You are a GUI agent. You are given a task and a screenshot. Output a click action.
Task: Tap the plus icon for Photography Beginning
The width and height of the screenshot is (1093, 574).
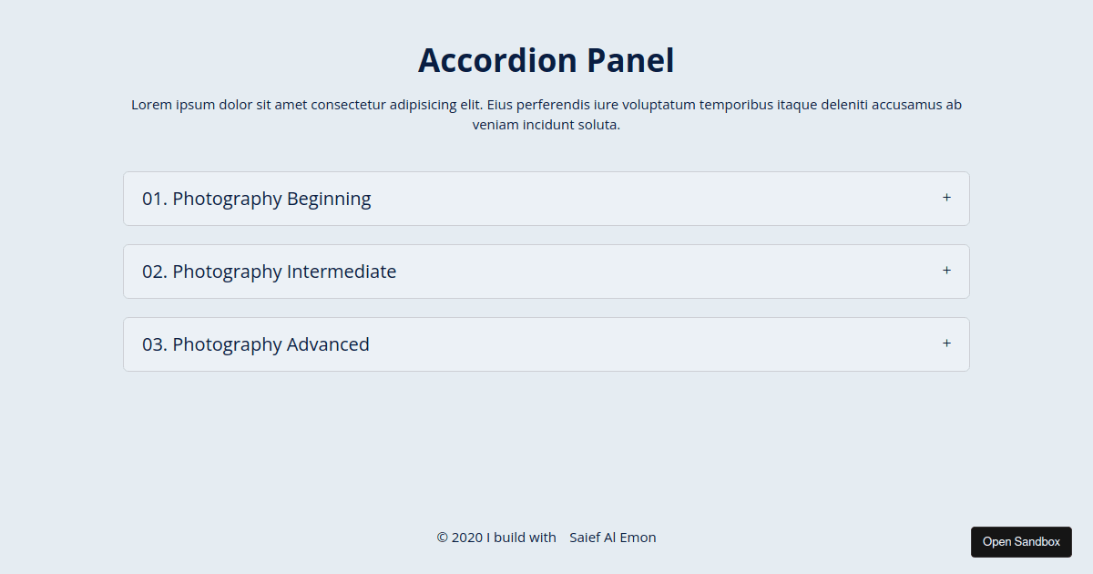coord(946,198)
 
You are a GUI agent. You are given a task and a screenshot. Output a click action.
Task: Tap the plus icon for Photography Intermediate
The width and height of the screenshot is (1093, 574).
coord(946,271)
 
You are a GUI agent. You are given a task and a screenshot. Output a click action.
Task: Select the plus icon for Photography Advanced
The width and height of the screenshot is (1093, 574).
coord(946,343)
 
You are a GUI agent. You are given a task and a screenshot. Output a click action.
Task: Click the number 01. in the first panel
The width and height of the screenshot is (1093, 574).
coord(155,199)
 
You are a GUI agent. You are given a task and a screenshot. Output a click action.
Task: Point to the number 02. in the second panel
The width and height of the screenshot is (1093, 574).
coord(155,272)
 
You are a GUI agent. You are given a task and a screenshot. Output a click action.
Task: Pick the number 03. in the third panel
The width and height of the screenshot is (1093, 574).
coord(155,344)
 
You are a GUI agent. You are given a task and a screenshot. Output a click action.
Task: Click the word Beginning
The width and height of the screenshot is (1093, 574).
coord(329,199)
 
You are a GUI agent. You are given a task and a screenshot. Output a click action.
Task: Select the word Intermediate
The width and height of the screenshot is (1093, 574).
coord(342,272)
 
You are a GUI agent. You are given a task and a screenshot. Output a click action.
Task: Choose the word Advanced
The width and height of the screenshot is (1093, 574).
coord(328,344)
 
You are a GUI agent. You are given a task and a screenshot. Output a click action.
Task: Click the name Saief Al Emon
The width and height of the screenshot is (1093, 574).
coord(613,538)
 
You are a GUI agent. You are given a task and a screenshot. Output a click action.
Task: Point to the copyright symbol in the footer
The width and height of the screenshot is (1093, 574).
coord(443,538)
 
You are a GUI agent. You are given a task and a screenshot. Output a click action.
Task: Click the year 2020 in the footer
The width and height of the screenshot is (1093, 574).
coord(467,538)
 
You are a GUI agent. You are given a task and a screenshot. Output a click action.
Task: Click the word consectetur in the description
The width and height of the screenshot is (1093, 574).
coord(348,105)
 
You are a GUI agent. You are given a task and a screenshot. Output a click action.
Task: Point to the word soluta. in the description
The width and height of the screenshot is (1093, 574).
coord(599,125)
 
